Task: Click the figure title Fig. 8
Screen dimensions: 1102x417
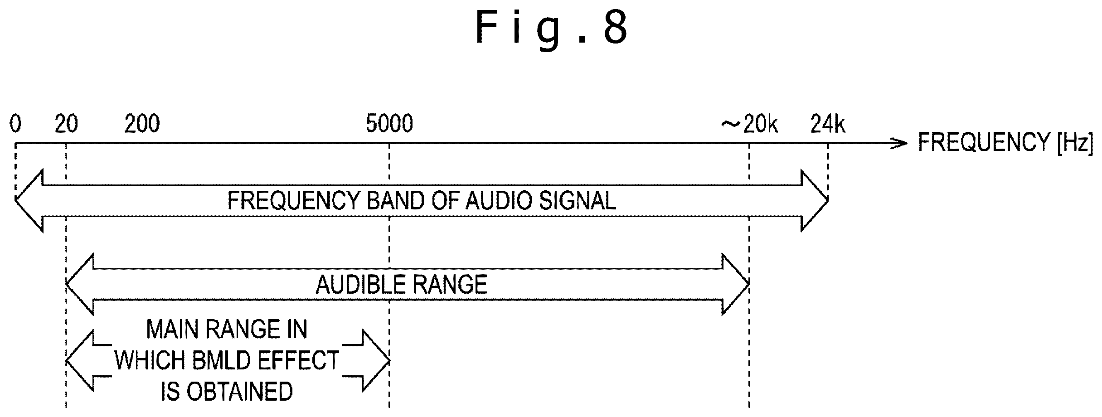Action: point(552,28)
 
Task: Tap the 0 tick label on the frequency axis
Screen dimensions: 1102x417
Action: point(15,124)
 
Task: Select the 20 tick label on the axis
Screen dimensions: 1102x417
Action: point(66,124)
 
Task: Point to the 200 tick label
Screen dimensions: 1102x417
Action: point(142,124)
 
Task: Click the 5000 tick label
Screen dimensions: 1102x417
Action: point(389,124)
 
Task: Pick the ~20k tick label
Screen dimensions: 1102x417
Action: point(750,124)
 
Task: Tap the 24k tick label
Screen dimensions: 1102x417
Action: point(828,124)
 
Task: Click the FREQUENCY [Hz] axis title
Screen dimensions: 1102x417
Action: point(1005,142)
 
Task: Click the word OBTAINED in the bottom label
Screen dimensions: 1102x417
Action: point(239,392)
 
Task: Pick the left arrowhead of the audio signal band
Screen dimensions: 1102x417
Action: point(29,200)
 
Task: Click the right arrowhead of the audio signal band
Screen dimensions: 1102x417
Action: point(815,200)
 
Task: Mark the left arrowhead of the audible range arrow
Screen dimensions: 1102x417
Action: point(80,284)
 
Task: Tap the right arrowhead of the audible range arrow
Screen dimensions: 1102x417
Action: point(735,284)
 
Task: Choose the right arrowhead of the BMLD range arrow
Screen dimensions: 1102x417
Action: point(376,361)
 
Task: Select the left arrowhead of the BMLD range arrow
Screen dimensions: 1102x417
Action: point(80,361)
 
